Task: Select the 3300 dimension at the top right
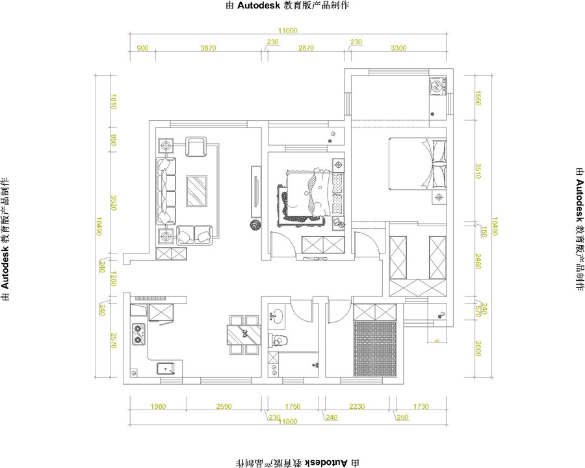(x=398, y=48)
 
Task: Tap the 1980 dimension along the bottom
(x=159, y=407)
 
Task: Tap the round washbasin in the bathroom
(x=276, y=318)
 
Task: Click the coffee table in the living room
(x=197, y=190)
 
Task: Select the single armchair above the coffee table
(x=196, y=147)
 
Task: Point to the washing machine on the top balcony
(x=437, y=85)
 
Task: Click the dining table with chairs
(x=243, y=334)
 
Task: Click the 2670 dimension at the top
(x=305, y=48)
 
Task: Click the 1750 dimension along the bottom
(x=293, y=407)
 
